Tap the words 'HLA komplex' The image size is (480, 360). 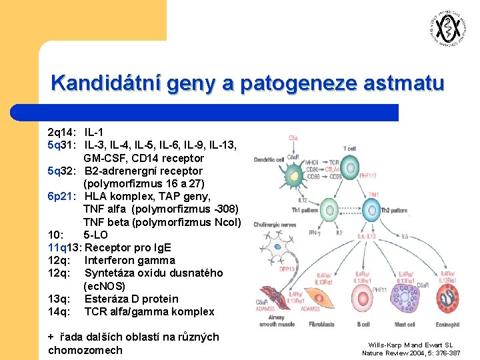pos(114,197)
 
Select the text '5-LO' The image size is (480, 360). pos(96,235)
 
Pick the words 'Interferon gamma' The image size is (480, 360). pos(130,260)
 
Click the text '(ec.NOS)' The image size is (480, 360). pos(105,286)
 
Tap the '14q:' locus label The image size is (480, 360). pos(59,311)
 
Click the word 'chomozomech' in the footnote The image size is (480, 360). pos(85,350)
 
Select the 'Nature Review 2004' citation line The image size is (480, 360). pos(411,353)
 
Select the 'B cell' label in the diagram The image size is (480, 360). pos(363,325)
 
